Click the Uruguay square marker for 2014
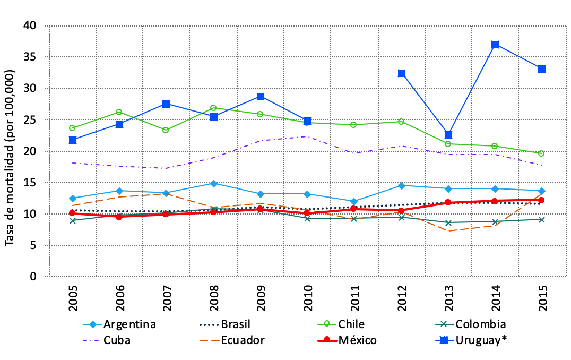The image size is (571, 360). click(x=495, y=45)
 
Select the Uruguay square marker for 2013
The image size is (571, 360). click(x=448, y=135)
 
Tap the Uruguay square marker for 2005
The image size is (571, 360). click(x=73, y=140)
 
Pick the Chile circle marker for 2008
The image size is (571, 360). click(x=213, y=108)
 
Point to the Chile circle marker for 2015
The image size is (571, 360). click(x=542, y=153)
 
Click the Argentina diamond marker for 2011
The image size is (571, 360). click(x=354, y=202)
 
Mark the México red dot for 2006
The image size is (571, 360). click(x=119, y=217)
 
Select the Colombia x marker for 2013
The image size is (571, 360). click(x=448, y=222)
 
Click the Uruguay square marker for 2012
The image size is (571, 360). click(x=401, y=73)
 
